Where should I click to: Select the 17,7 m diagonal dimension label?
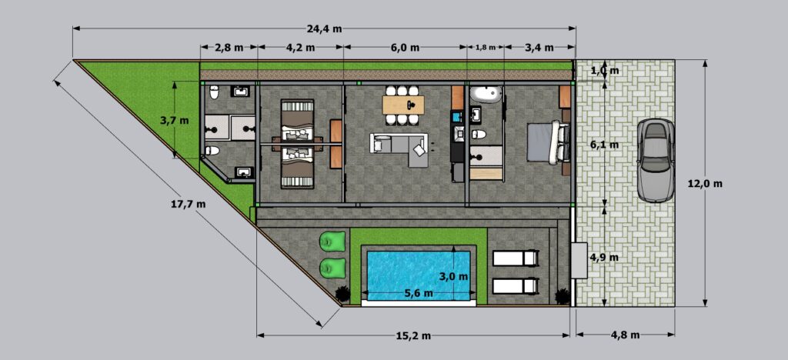[x=189, y=204]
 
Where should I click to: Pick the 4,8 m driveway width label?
[x=625, y=335]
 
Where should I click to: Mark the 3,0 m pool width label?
[x=452, y=275]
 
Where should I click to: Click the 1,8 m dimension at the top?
[x=486, y=48]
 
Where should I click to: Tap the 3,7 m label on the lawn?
[x=173, y=121]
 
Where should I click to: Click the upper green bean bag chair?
[x=332, y=242]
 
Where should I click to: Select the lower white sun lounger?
[x=514, y=285]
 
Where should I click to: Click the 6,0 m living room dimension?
[x=405, y=48]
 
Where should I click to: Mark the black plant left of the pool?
[x=342, y=292]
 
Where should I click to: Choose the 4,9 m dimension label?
[x=603, y=257]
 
